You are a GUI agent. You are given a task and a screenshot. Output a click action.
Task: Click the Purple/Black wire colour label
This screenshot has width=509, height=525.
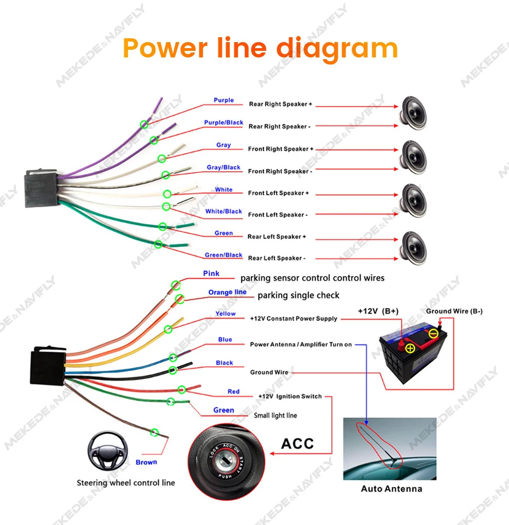click(x=223, y=122)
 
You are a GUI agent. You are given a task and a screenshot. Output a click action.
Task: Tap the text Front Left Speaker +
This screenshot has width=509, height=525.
click(x=279, y=193)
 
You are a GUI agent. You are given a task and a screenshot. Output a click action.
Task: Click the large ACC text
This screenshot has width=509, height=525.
click(x=298, y=443)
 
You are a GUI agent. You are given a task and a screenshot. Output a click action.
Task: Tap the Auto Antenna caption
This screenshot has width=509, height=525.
click(x=391, y=488)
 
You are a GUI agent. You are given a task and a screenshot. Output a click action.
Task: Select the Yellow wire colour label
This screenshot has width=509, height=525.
click(x=225, y=314)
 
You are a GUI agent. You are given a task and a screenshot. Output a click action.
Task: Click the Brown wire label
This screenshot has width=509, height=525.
click(x=146, y=462)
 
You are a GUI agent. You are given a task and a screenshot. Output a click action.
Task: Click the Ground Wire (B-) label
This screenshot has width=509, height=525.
click(x=454, y=311)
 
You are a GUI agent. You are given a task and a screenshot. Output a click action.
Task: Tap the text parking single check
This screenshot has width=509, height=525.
click(x=298, y=295)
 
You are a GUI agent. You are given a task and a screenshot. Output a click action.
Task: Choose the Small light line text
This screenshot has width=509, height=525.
click(x=275, y=416)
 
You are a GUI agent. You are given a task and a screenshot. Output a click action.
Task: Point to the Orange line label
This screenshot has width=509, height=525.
click(x=227, y=293)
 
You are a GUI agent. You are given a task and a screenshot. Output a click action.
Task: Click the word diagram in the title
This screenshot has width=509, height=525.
click(x=337, y=48)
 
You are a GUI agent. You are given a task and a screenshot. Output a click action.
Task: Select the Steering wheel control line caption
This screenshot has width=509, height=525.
click(x=126, y=483)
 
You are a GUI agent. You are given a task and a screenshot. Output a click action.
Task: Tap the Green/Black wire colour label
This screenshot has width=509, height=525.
click(x=223, y=255)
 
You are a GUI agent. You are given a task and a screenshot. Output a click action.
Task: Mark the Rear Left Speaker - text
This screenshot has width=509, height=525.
click(x=276, y=258)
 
